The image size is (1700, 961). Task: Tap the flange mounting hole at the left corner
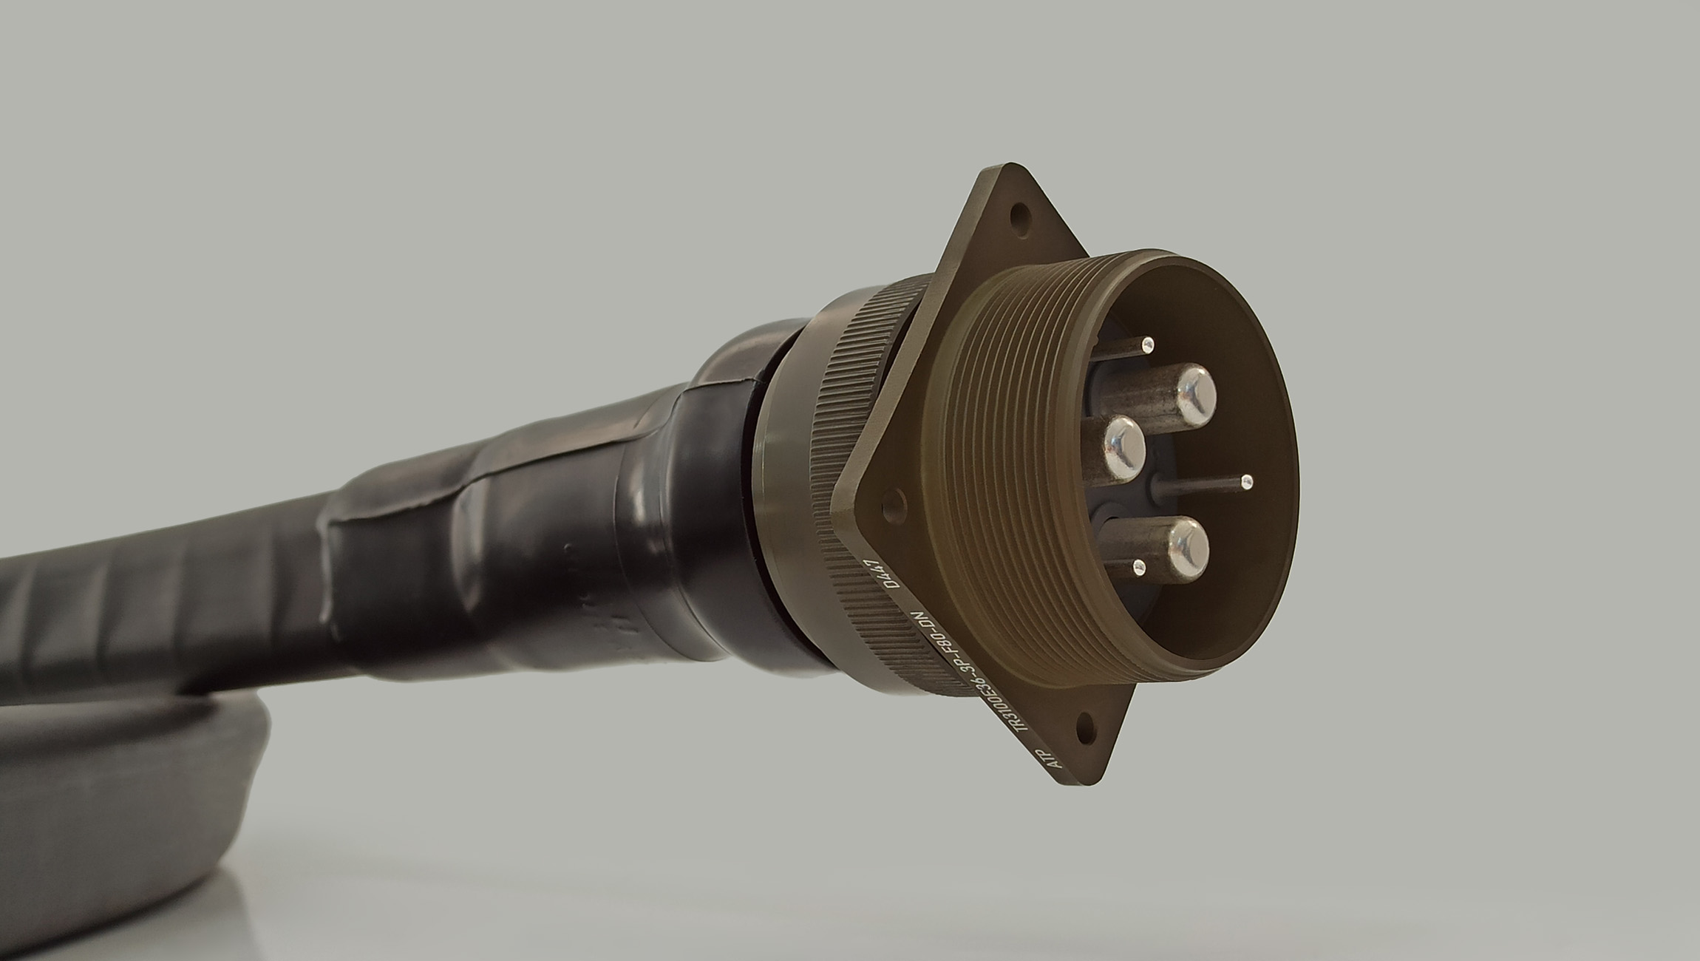click(x=893, y=504)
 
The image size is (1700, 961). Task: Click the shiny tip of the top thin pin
click(x=1148, y=343)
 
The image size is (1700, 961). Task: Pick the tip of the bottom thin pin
click(x=1139, y=568)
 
